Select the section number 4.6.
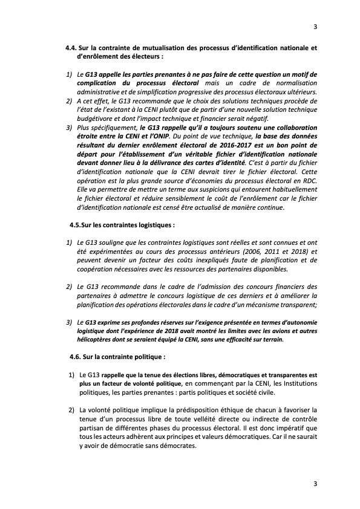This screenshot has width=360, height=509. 77,357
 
